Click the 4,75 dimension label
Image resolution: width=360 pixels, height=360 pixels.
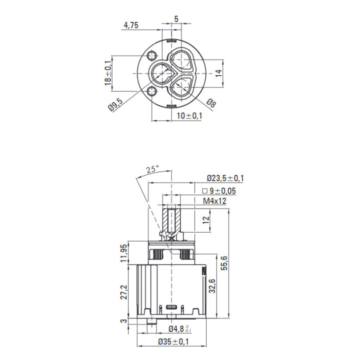point(131,25)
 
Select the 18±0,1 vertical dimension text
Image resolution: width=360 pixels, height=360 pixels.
point(108,73)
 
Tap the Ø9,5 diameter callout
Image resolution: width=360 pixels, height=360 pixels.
point(115,104)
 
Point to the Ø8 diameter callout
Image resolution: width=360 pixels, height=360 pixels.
point(211,103)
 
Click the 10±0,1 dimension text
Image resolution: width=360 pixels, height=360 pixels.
point(189,115)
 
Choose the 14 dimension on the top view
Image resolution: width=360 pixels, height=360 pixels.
point(219,73)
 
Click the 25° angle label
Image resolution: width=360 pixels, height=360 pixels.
point(152,169)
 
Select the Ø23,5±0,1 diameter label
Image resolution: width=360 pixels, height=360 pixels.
point(225,178)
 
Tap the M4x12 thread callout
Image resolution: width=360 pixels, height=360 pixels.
point(214,201)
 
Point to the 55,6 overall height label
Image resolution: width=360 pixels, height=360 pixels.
point(224,263)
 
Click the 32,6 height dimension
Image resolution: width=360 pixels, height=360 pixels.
point(212,286)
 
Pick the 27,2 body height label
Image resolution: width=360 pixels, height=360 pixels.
point(124,292)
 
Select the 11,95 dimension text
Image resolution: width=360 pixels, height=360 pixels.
point(123,253)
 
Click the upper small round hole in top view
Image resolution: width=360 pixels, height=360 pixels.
point(152,55)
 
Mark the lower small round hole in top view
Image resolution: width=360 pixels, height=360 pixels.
point(152,91)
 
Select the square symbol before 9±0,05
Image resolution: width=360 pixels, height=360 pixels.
point(204,191)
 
